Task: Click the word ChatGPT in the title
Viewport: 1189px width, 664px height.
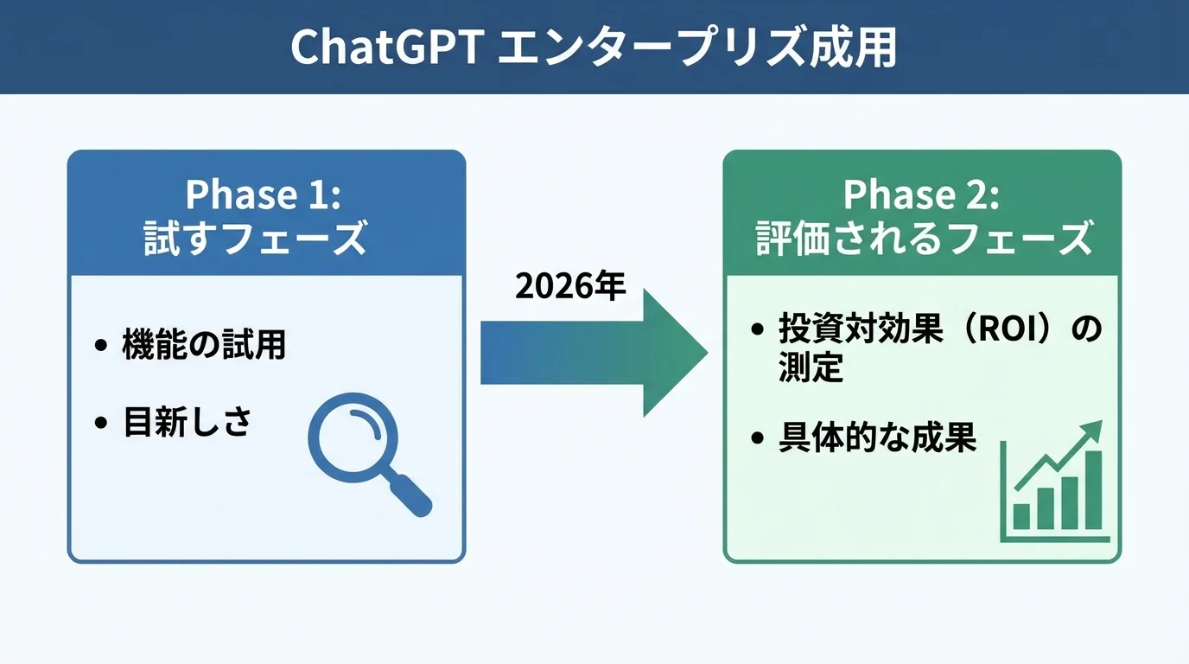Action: click(385, 48)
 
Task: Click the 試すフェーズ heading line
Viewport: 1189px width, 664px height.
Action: click(264, 238)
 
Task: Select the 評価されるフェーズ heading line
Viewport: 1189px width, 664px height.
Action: click(921, 238)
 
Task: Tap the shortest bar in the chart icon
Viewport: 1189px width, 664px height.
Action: click(1021, 516)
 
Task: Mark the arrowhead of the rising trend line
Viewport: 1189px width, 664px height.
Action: click(1094, 429)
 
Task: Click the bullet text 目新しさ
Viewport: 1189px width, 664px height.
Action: click(187, 423)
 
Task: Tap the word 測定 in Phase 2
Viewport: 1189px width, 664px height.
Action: click(810, 369)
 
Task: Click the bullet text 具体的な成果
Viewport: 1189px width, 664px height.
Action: click(877, 438)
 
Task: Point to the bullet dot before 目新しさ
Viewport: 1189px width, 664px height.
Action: click(102, 424)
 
